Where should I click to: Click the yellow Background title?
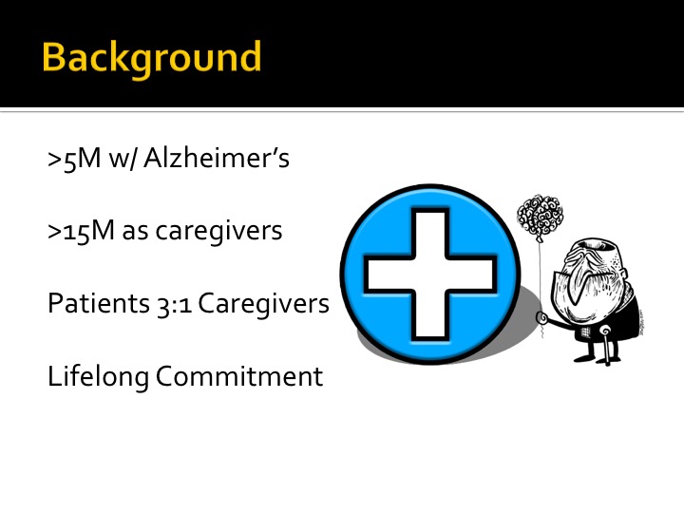pos(151,59)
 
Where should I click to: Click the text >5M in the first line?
pos(74,159)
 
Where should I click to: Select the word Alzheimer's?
pos(217,157)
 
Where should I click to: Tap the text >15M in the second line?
pos(81,231)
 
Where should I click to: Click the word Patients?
pos(99,303)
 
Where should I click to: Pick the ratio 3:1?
pos(175,304)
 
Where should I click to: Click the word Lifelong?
pos(98,377)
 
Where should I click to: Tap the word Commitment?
pos(239,376)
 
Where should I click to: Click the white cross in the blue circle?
pos(429,274)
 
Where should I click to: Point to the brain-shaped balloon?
pos(540,217)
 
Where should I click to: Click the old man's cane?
pos(606,347)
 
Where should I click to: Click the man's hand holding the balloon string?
pos(542,317)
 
